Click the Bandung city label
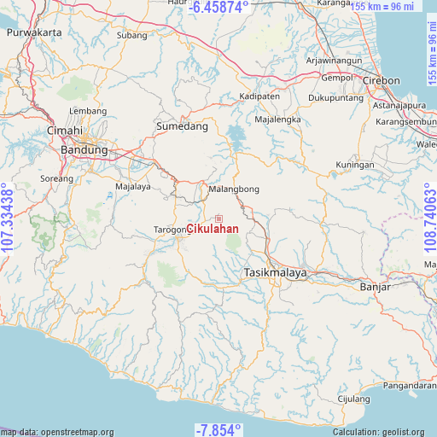click(x=84, y=149)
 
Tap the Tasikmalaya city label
click(x=275, y=272)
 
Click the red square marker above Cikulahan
click(x=218, y=218)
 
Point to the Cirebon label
click(x=382, y=80)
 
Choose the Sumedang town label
click(x=182, y=125)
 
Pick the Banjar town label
click(x=376, y=287)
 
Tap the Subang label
click(x=132, y=35)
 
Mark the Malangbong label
click(x=234, y=189)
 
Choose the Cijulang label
click(x=353, y=398)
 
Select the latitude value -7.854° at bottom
click(x=218, y=429)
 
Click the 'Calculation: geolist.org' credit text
click(x=380, y=432)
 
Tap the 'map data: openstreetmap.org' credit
click(x=57, y=432)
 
